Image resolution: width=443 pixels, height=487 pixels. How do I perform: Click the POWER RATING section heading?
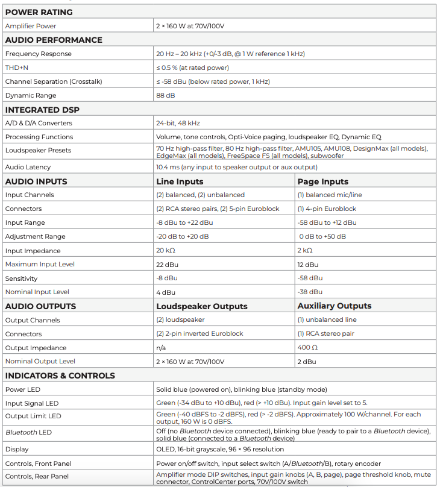pyautogui.click(x=39, y=12)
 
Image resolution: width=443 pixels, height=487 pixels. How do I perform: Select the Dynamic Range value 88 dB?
pyautogui.click(x=166, y=95)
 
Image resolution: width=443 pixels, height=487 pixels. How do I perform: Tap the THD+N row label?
pyautogui.click(x=17, y=68)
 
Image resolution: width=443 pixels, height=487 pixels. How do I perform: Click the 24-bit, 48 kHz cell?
pyautogui.click(x=178, y=123)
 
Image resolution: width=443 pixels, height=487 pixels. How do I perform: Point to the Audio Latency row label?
pyautogui.click(x=28, y=167)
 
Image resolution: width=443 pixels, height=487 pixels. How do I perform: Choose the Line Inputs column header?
pyautogui.click(x=180, y=181)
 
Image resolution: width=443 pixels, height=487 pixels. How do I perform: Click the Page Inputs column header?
pyautogui.click(x=323, y=181)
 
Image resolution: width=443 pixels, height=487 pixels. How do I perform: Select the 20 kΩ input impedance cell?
pyautogui.click(x=166, y=251)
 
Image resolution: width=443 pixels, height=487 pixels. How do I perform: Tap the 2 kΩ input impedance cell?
pyautogui.click(x=305, y=251)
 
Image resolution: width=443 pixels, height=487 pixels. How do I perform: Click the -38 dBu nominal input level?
pyautogui.click(x=310, y=292)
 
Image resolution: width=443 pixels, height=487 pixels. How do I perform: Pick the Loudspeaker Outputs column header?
pyautogui.click(x=202, y=306)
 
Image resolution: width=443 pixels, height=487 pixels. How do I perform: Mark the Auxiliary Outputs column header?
pyautogui.click(x=335, y=306)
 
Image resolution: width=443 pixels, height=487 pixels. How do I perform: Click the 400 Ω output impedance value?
pyautogui.click(x=307, y=348)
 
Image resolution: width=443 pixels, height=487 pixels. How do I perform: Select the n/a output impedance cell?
pyautogui.click(x=161, y=348)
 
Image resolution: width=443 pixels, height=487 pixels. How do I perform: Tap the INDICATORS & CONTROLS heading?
pyautogui.click(x=60, y=375)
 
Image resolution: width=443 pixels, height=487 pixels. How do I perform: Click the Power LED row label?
pyautogui.click(x=23, y=389)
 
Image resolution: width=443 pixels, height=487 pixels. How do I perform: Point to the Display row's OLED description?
pyautogui.click(x=220, y=449)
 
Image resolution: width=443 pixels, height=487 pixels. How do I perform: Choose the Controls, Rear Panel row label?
pyautogui.click(x=38, y=476)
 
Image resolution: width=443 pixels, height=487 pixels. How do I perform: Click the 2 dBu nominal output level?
pyautogui.click(x=307, y=362)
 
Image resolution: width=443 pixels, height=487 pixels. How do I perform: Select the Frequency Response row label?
pyautogui.click(x=38, y=54)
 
